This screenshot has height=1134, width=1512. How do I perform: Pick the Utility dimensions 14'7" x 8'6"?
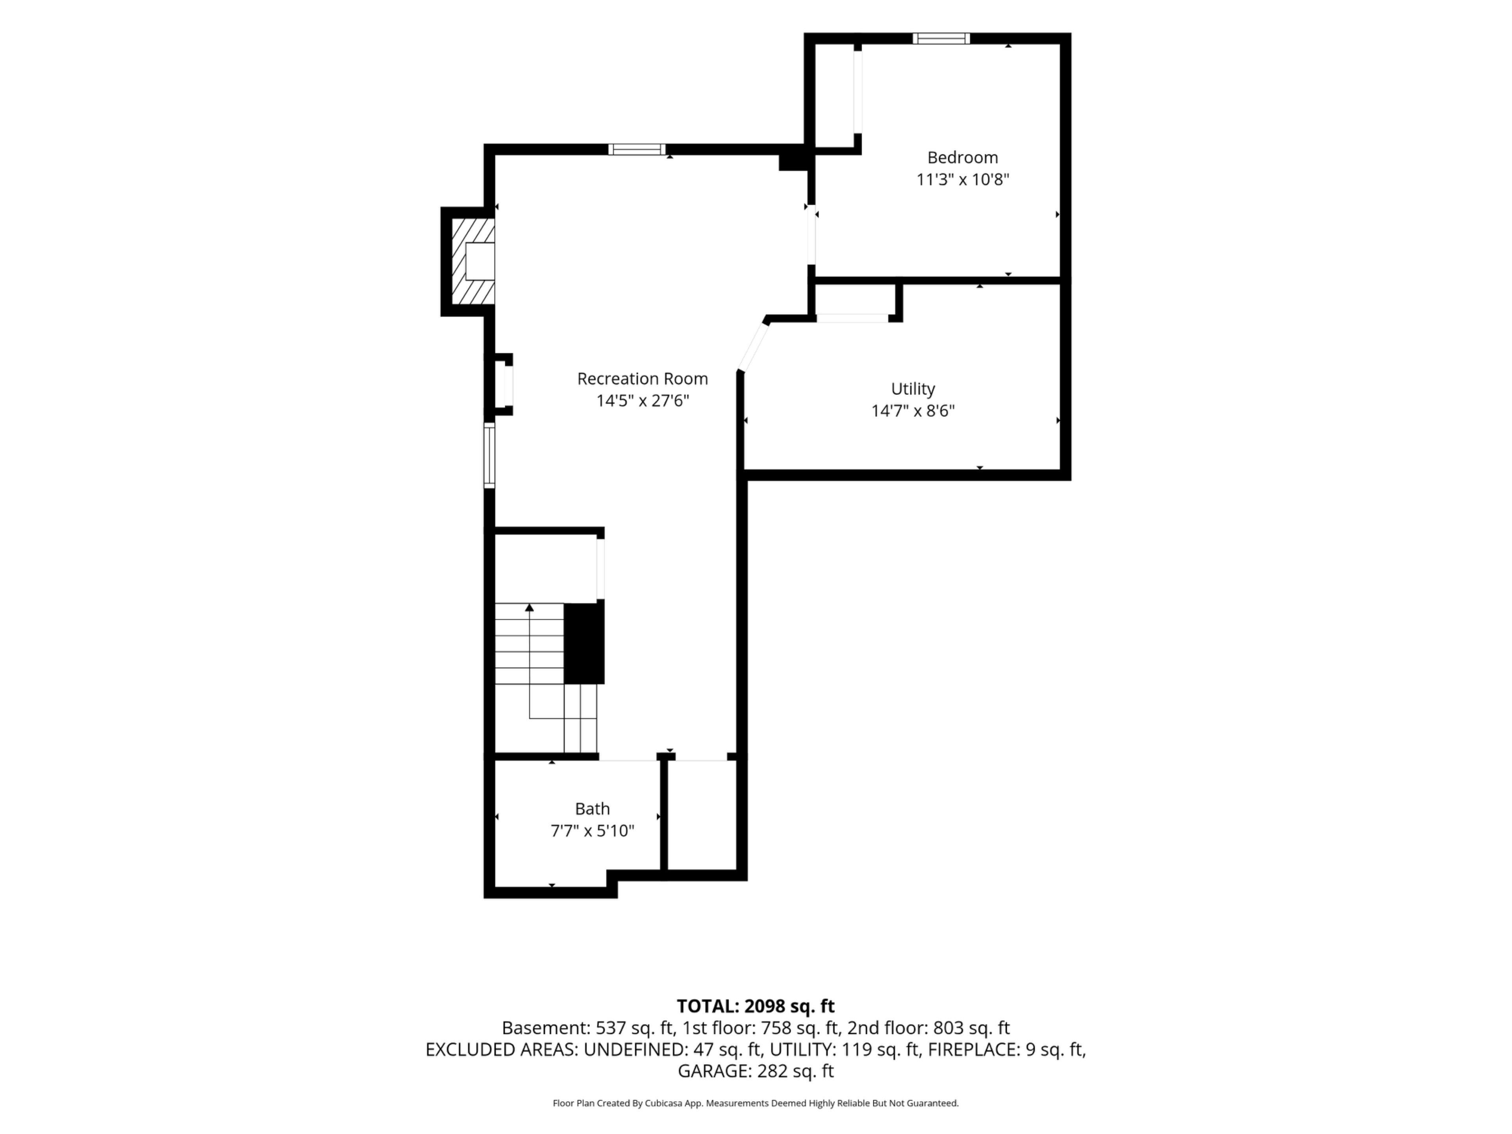pos(913,411)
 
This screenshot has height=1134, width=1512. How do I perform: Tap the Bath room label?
pos(592,809)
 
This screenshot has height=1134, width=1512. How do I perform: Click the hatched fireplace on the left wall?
pos(473,261)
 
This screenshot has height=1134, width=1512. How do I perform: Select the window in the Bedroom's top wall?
pos(941,38)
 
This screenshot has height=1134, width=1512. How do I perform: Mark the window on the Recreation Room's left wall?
pos(489,455)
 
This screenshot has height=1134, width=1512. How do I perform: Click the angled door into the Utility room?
pos(753,347)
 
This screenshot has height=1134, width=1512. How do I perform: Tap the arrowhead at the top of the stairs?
pos(529,607)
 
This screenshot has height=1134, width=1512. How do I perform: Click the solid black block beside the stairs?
pos(584,643)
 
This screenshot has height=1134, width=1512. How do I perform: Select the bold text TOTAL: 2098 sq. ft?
pos(755,1006)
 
